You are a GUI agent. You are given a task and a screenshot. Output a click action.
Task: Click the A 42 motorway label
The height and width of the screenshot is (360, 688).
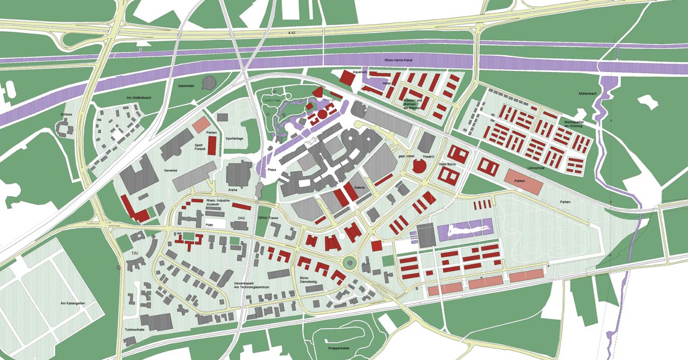coord(291,34)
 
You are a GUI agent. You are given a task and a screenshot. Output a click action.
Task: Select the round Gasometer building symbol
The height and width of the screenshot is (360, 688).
coord(209,83)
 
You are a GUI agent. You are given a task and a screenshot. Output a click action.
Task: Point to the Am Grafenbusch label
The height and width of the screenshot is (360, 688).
coord(136,98)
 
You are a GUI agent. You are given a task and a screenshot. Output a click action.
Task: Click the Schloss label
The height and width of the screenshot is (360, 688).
coord(67,114)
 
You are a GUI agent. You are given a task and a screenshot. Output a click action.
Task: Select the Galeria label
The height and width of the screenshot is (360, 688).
coord(360,188)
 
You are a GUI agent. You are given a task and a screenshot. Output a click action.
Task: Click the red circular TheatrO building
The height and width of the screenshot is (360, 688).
coord(418,165)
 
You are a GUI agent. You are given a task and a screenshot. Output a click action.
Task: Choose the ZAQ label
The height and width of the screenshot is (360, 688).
coord(241,218)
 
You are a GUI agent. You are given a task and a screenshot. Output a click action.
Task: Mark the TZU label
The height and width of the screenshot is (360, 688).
coord(134,253)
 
